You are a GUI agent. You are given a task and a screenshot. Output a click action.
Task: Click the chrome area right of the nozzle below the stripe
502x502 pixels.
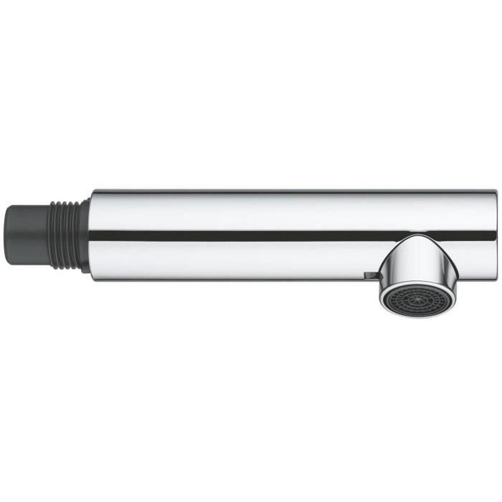(x=460, y=259)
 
